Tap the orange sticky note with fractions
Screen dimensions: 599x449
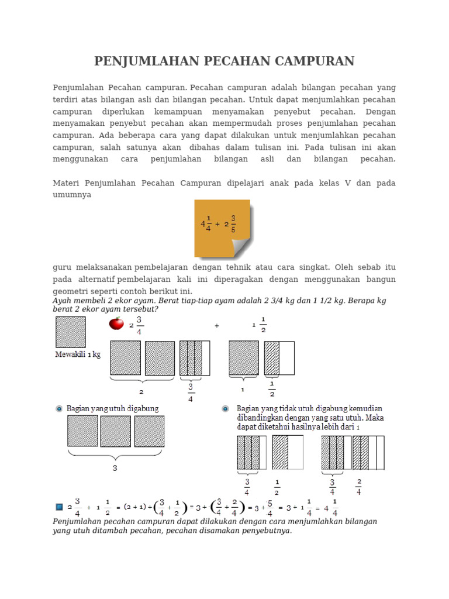coord(222,228)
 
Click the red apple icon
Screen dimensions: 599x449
coord(116,323)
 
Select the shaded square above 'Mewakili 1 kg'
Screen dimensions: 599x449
coord(71,332)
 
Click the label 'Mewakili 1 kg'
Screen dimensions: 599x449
coord(78,354)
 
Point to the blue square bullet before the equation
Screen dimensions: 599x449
coord(59,506)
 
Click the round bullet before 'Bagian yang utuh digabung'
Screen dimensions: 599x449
coord(59,408)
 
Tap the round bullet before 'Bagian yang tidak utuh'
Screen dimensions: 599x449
coord(225,408)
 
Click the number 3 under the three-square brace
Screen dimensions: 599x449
coord(115,468)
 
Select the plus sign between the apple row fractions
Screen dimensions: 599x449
coord(217,326)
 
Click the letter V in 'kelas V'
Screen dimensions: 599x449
coord(348,183)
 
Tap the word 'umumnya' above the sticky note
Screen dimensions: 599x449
coord(72,195)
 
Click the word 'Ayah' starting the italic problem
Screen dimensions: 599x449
coord(63,301)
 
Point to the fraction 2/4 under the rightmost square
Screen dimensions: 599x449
coord(358,487)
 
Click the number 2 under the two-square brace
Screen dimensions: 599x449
coord(141,392)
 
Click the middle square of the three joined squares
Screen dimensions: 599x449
coord(115,431)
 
